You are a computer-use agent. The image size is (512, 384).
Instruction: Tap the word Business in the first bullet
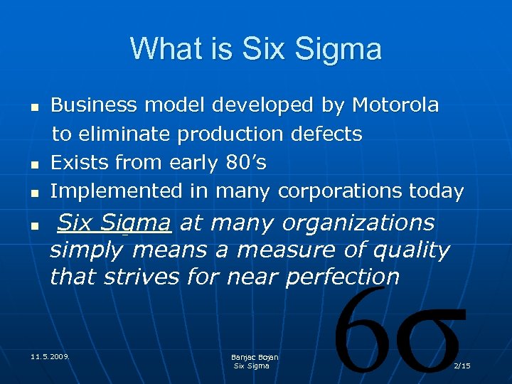click(x=95, y=105)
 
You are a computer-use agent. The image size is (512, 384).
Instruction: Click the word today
click(x=437, y=191)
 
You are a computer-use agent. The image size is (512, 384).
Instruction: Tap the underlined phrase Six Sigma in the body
click(x=114, y=223)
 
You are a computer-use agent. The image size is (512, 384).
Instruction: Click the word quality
click(x=415, y=250)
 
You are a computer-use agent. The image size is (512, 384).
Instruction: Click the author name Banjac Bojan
click(x=255, y=357)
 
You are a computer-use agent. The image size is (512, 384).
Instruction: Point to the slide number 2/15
click(x=462, y=366)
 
